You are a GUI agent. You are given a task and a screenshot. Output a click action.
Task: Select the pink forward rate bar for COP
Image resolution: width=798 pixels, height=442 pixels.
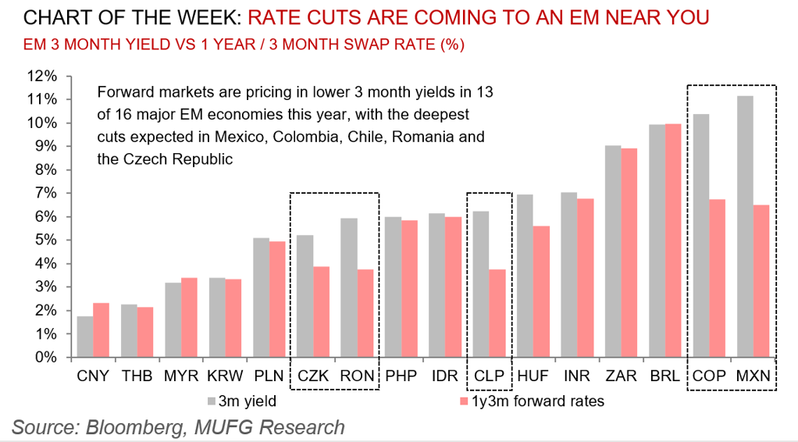point(717,278)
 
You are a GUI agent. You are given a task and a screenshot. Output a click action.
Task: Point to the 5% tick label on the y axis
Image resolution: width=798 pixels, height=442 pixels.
point(44,241)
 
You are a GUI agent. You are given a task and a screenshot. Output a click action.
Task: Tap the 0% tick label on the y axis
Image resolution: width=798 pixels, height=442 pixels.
point(44,358)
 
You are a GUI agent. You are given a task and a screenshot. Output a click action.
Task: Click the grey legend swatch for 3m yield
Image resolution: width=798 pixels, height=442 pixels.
point(212,401)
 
